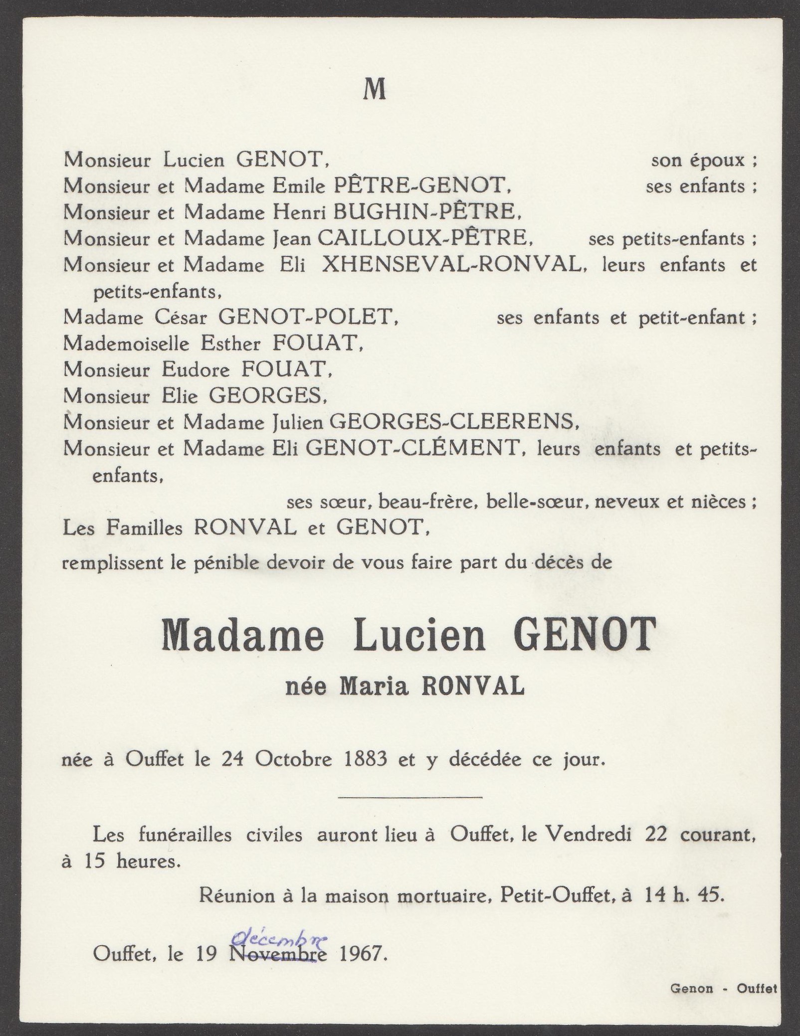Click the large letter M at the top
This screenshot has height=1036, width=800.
tap(375, 90)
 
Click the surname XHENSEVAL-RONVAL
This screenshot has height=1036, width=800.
tap(451, 265)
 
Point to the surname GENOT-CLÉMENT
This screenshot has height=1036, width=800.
tap(412, 449)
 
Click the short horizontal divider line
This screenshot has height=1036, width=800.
tap(410, 798)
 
